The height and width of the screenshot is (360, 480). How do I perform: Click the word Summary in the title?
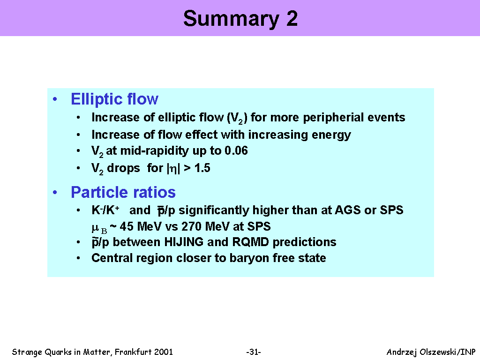coord(231,19)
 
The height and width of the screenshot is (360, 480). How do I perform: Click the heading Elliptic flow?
coord(114,99)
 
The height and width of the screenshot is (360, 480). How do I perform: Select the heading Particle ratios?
coord(123,193)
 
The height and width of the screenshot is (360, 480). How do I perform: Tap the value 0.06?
coord(236,150)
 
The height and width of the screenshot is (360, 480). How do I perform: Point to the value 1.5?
coord(202,168)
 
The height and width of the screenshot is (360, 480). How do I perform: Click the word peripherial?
coord(333,118)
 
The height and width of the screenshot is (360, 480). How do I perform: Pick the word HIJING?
coord(184,242)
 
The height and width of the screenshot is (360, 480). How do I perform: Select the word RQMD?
coord(250,242)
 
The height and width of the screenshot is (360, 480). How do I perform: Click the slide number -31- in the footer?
coord(254,352)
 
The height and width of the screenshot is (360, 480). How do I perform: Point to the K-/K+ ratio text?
coord(105,210)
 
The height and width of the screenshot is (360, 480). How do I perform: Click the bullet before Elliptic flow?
coord(55,99)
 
